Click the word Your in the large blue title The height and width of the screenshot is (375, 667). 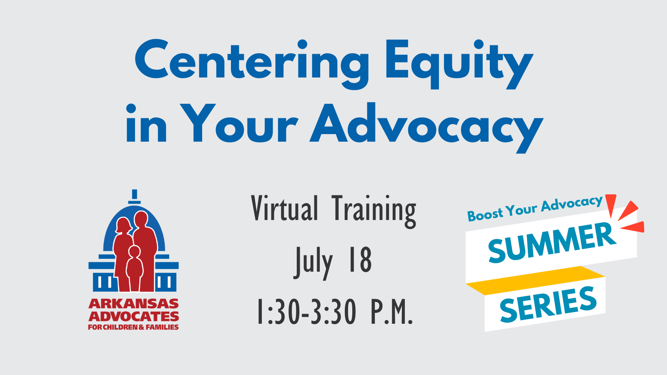238,124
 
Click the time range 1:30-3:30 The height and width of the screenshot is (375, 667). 307,312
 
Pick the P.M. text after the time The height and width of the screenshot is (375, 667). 391,312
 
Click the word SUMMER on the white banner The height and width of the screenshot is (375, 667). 552,242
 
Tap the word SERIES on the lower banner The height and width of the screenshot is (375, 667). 548,305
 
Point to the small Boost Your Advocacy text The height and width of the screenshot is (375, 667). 534,209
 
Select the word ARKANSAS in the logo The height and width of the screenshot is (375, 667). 133,303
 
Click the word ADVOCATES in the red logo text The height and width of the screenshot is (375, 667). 133,316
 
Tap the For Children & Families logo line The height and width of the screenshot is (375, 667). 133,327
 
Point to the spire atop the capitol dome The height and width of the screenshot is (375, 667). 134,196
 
